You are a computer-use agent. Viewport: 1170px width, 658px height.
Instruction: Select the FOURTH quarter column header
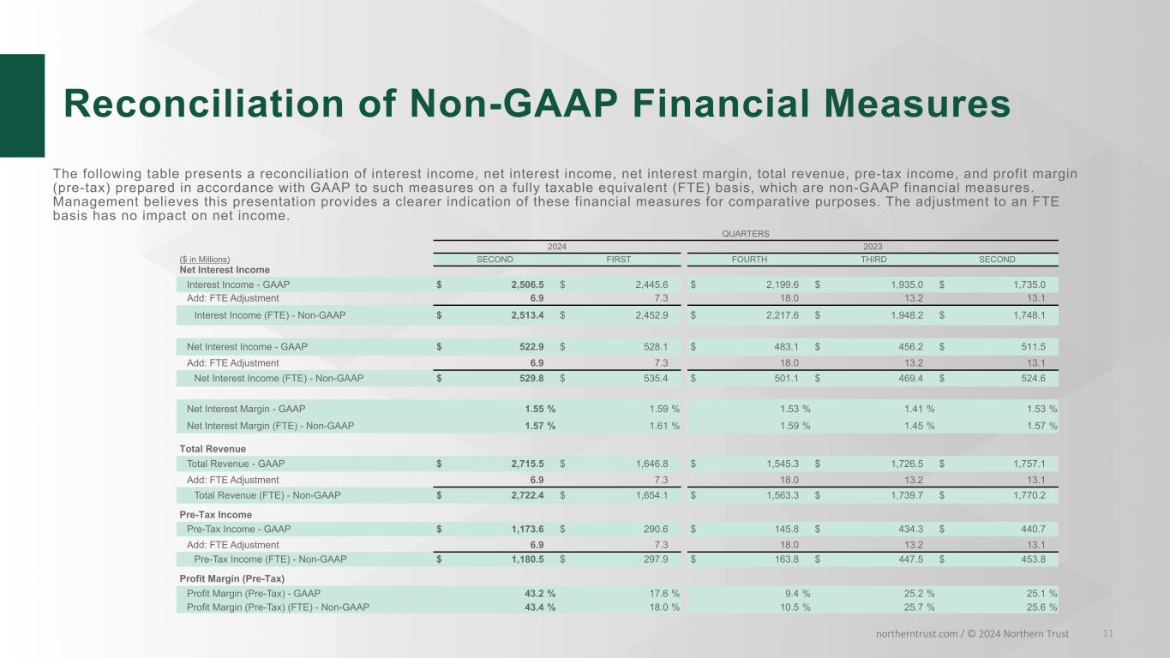point(748,260)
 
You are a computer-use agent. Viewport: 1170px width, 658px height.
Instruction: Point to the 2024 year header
point(557,246)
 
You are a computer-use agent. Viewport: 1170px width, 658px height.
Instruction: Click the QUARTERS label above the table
point(746,233)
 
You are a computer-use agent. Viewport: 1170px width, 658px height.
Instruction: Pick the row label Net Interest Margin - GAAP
point(246,410)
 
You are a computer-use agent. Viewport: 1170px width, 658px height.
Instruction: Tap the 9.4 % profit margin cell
point(794,593)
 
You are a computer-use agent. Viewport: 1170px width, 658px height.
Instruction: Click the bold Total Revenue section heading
point(213,449)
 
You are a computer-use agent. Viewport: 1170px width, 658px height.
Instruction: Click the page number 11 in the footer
point(1108,633)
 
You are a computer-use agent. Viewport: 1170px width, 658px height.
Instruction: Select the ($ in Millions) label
point(205,260)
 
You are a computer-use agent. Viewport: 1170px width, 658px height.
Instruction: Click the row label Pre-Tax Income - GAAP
point(239,529)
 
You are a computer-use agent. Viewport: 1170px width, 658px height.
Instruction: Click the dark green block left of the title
point(22,105)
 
